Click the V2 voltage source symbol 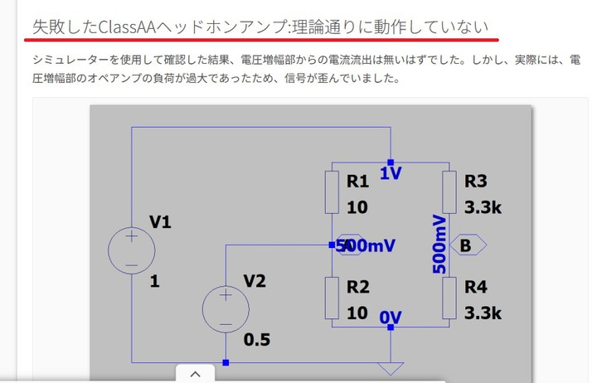coord(226,309)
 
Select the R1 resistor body coord(332,191)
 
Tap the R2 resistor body coord(332,298)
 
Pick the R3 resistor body coord(449,191)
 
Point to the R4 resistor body coord(449,298)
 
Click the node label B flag coord(468,245)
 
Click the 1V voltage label coord(391,173)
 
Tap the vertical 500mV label coord(439,244)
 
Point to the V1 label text coord(161,221)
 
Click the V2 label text coord(255,281)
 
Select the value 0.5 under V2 coord(256,339)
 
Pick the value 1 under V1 coord(155,281)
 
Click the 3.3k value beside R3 coord(483,207)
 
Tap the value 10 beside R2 coord(357,313)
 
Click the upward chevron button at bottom coord(196,374)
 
